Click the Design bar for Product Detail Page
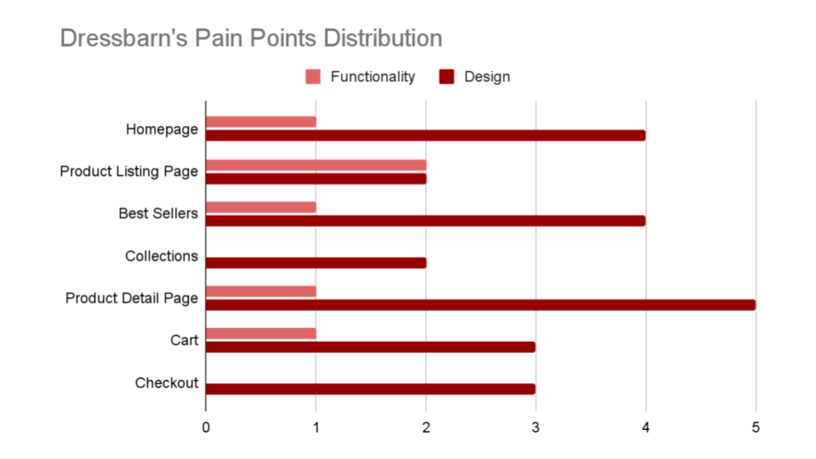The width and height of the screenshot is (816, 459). pyautogui.click(x=480, y=305)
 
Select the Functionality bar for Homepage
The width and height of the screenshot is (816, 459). pyautogui.click(x=261, y=122)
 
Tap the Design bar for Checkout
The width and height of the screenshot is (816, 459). pyautogui.click(x=371, y=388)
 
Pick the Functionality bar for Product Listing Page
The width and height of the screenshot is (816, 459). pyautogui.click(x=316, y=165)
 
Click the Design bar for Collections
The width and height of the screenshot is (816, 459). pyautogui.click(x=316, y=263)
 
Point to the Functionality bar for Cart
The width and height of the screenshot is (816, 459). pyautogui.click(x=261, y=333)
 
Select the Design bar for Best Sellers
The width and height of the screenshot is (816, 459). pyautogui.click(x=426, y=221)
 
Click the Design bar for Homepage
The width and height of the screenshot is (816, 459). pyautogui.click(x=426, y=135)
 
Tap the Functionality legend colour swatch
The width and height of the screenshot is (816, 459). pyautogui.click(x=313, y=76)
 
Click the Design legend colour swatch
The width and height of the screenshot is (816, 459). pyautogui.click(x=446, y=76)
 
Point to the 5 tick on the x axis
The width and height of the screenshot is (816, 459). pyautogui.click(x=756, y=428)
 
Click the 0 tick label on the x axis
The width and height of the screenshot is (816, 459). pyautogui.click(x=206, y=428)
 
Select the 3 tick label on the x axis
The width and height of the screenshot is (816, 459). pyautogui.click(x=535, y=428)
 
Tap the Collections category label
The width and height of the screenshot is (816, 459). pyautogui.click(x=161, y=256)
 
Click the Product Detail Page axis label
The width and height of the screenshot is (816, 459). pyautogui.click(x=132, y=298)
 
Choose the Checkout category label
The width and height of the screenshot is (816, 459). pyautogui.click(x=167, y=383)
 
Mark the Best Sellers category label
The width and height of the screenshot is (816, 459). pyautogui.click(x=158, y=213)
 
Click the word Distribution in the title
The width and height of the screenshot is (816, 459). pyautogui.click(x=382, y=38)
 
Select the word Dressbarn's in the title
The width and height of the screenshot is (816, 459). pyautogui.click(x=124, y=38)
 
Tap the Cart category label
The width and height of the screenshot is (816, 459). pyautogui.click(x=184, y=340)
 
